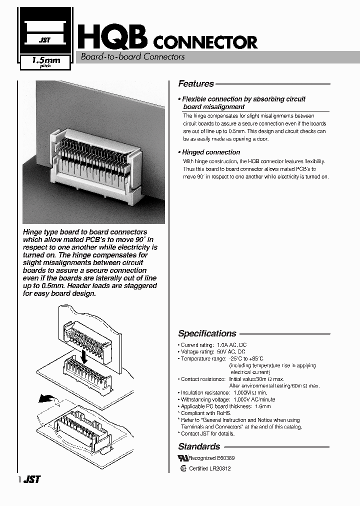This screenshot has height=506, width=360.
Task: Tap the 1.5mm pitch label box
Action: point(45,62)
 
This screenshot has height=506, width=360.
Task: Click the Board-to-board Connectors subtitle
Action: point(133,57)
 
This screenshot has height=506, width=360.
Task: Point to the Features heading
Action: point(196,84)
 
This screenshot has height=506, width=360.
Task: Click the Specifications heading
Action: point(207,333)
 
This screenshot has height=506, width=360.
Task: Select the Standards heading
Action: point(199,446)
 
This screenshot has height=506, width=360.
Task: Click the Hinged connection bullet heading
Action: point(210,152)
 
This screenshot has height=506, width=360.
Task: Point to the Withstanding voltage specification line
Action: point(227,399)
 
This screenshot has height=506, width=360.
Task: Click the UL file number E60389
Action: point(226,458)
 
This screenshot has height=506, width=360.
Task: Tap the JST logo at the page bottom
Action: point(32,479)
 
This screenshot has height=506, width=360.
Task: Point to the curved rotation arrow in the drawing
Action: point(47,399)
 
